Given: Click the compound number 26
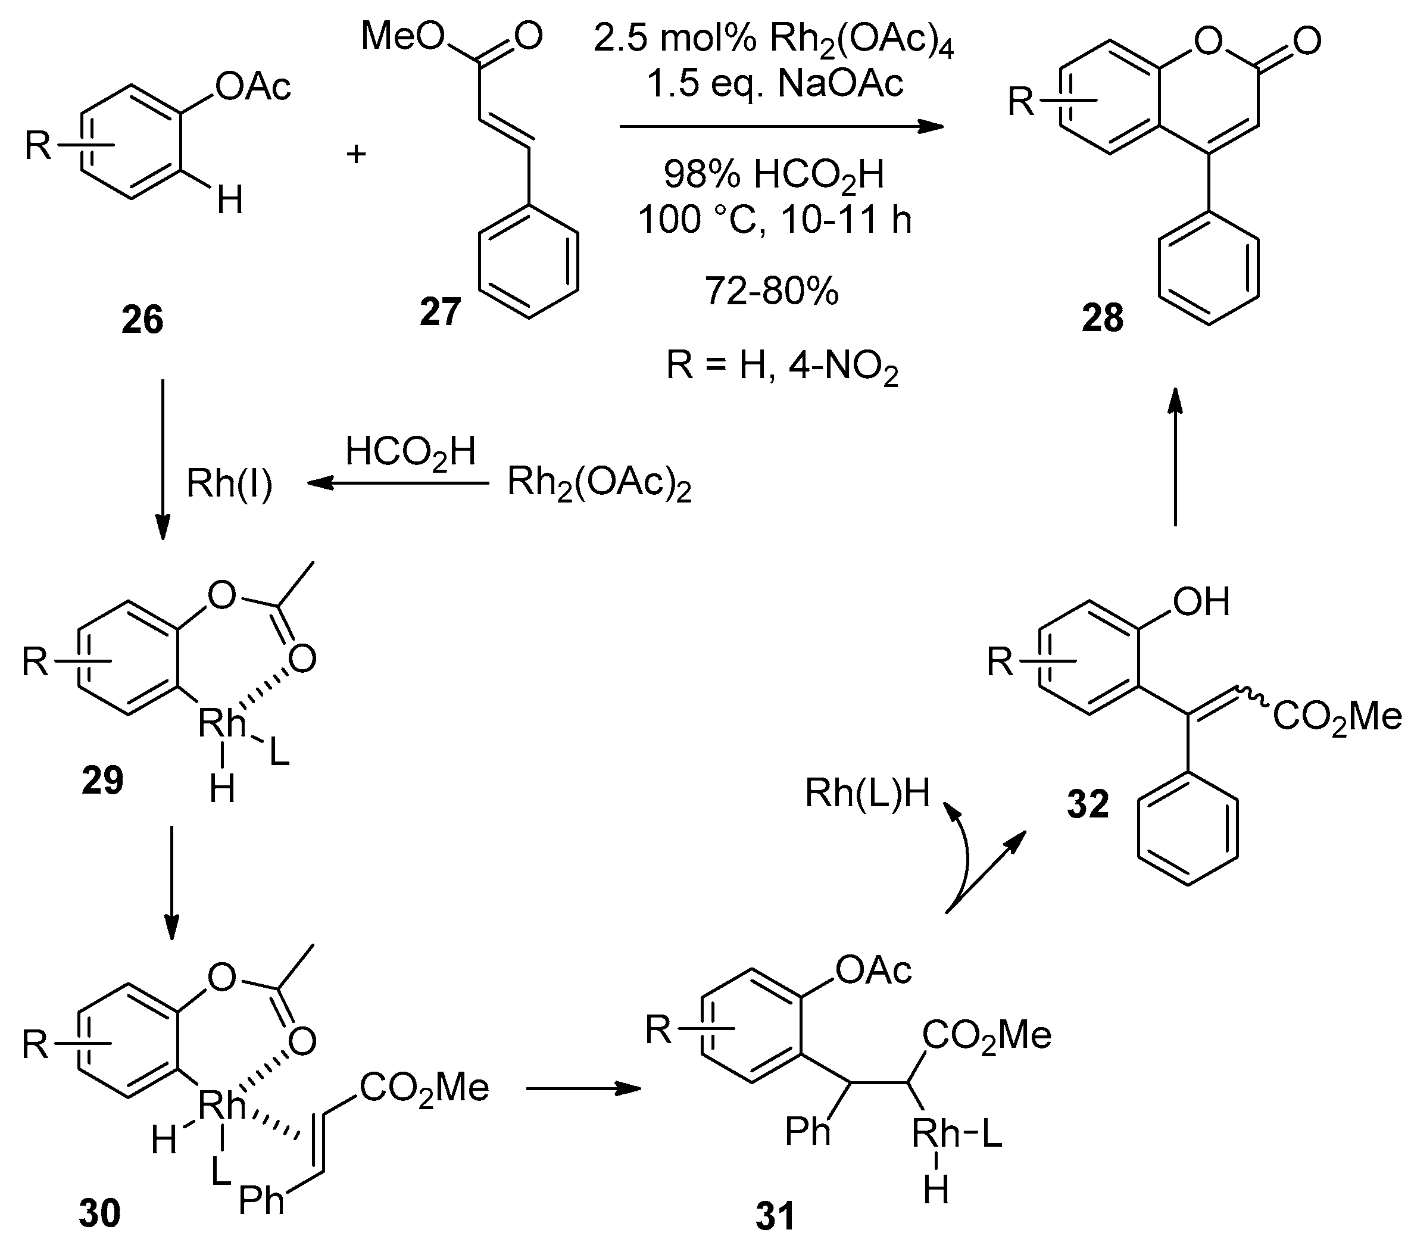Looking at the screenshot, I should pos(142,320).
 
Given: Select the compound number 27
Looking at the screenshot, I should pos(440,312).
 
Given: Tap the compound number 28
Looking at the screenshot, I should pos(1103,318).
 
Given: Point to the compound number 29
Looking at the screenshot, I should pos(102,781).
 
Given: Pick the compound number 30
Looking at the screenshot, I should pos(99,1213).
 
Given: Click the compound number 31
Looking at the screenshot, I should pos(775,1216).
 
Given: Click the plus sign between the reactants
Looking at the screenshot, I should pos(356,154).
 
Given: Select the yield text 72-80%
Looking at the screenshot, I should pos(771,291).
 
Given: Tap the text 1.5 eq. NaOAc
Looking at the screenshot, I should pos(775,84).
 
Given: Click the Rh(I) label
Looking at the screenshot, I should pos(229,484).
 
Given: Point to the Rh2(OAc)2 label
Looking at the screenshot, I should pos(598,484).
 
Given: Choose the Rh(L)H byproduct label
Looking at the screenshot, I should pos(867,793).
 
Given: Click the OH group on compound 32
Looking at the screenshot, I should pos(1202,601).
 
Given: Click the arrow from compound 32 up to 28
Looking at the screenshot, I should pos(1176,455).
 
